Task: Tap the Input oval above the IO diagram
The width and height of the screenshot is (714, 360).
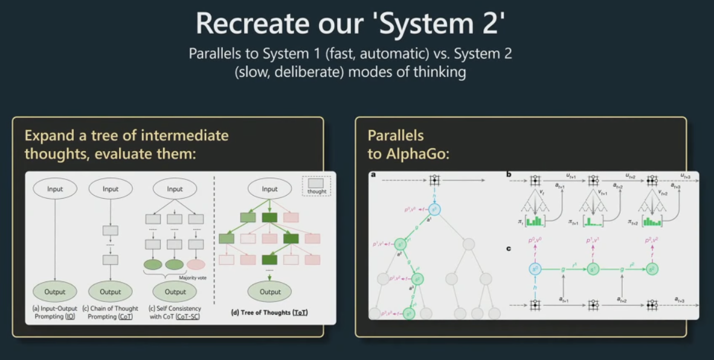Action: click(55, 189)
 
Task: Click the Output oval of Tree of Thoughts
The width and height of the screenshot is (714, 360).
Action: click(270, 292)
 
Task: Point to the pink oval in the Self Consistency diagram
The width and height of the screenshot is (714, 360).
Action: click(196, 264)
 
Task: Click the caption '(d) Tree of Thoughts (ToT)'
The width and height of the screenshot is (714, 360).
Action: click(269, 312)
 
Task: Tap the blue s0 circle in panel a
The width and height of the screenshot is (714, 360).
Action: click(435, 210)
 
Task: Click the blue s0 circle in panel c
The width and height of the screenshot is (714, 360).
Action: click(535, 269)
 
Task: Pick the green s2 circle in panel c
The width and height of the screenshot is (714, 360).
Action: click(651, 269)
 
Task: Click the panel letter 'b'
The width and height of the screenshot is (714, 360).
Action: click(509, 175)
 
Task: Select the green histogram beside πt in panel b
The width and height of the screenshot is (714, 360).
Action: click(535, 221)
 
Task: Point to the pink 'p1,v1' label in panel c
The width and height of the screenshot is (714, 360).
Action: click(593, 241)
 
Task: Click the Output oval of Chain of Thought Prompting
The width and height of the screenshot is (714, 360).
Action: click(111, 292)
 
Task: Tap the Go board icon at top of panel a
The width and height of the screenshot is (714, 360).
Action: click(434, 181)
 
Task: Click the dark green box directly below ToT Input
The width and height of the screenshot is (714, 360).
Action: click(270, 217)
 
